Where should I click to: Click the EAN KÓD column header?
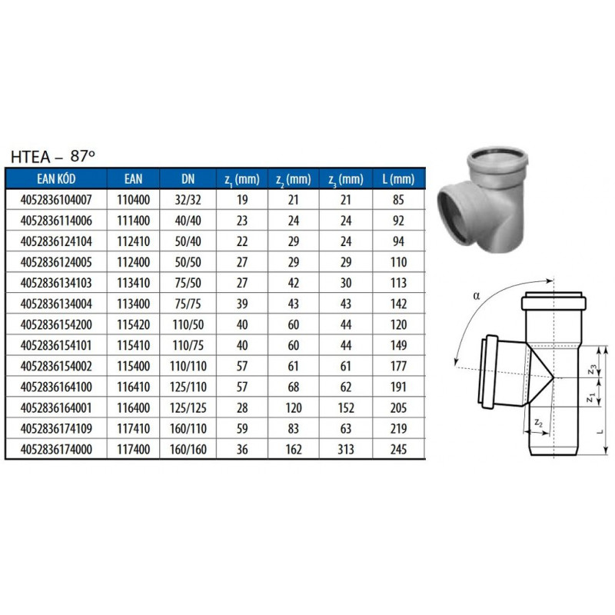pyautogui.click(x=56, y=179)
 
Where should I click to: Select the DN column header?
pyautogui.click(x=188, y=179)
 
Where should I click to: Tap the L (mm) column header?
pyautogui.click(x=398, y=179)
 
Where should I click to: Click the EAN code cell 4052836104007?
pyautogui.click(x=56, y=200)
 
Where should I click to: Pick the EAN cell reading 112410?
pyautogui.click(x=133, y=241)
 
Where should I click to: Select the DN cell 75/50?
pyautogui.click(x=188, y=283)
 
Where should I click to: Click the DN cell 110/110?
pyautogui.click(x=188, y=367)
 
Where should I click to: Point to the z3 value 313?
pyautogui.click(x=346, y=450)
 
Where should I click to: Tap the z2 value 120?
pyautogui.click(x=294, y=408)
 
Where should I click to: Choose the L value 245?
pyautogui.click(x=398, y=450)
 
